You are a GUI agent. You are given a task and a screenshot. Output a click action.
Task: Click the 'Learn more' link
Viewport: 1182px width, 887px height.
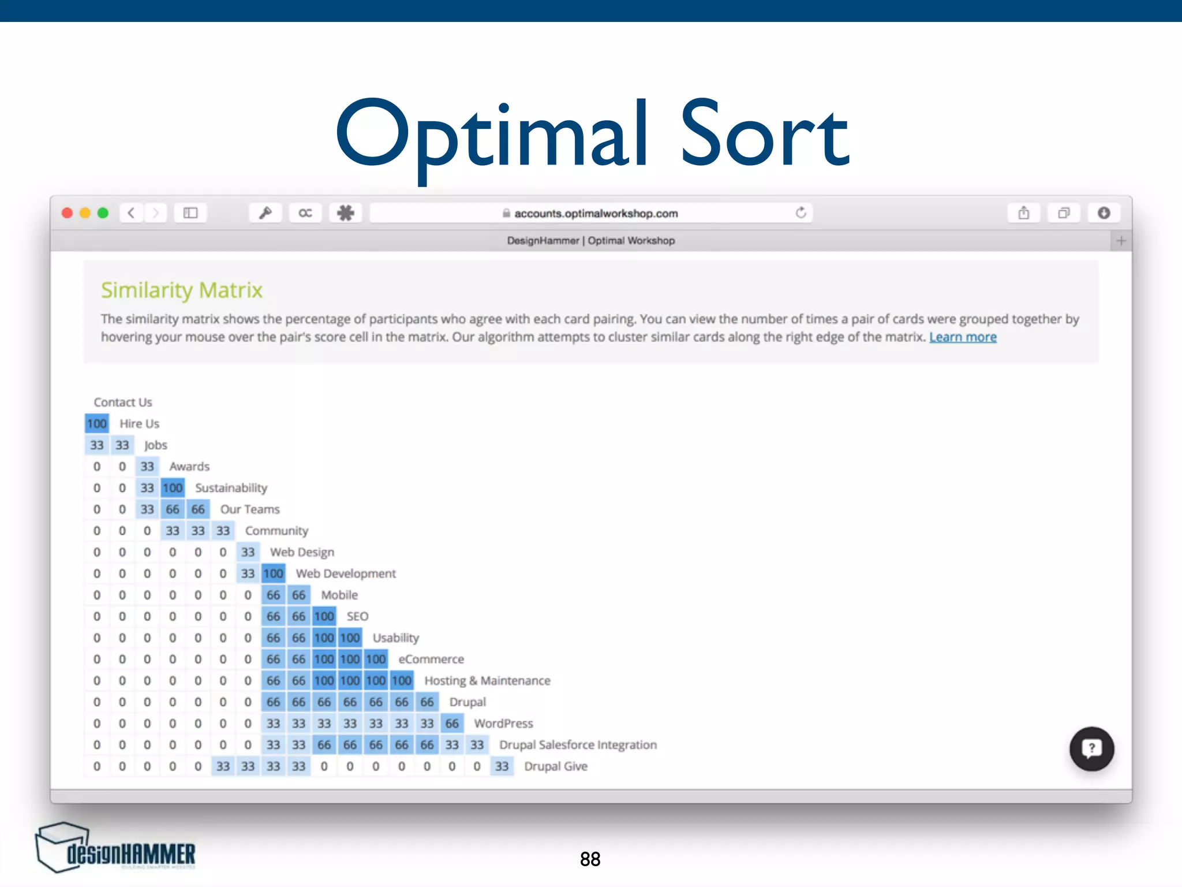(963, 337)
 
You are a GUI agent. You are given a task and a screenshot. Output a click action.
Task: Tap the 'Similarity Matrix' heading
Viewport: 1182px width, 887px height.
(182, 290)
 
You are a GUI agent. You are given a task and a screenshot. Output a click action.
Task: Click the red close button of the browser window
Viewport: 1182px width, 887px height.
(68, 213)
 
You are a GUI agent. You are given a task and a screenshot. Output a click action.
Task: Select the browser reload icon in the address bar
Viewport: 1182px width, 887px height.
(801, 213)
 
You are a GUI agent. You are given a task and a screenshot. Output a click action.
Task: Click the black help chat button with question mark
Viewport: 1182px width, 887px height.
(1091, 748)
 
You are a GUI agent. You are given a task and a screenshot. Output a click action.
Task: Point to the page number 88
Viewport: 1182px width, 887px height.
(590, 859)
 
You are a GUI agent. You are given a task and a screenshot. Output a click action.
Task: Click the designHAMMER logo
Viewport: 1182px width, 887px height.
(115, 849)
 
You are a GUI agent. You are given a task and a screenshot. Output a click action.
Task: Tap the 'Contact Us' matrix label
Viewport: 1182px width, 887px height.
(123, 402)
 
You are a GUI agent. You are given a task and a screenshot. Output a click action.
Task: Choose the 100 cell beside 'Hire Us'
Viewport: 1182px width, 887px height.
(97, 424)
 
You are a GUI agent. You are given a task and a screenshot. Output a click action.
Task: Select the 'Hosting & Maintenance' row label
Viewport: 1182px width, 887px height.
(487, 681)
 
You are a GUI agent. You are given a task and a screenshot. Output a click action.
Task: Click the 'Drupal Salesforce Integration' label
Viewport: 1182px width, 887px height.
(578, 745)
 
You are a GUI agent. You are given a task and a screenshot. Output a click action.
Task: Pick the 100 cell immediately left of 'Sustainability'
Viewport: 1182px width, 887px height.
(173, 488)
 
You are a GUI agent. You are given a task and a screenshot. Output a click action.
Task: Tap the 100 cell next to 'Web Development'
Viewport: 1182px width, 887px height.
(274, 573)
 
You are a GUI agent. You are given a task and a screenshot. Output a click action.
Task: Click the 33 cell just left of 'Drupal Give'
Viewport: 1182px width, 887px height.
(502, 766)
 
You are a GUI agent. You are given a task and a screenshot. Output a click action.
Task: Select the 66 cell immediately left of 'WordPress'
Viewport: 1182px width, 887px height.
(452, 724)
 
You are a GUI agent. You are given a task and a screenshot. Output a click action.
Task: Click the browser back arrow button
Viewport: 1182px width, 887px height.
(132, 213)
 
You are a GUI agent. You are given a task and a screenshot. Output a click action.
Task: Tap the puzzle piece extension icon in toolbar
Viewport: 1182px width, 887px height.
(346, 213)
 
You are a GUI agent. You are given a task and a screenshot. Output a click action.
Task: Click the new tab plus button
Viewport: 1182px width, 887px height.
(1121, 241)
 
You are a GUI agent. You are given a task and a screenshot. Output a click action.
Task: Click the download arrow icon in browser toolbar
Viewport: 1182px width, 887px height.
(1104, 213)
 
